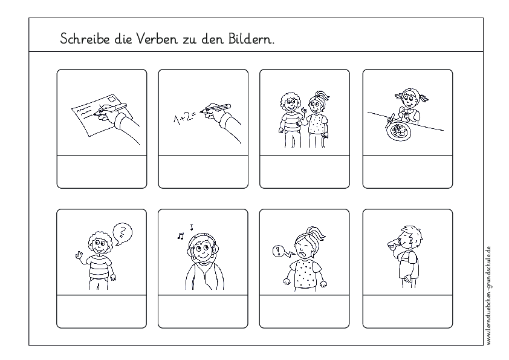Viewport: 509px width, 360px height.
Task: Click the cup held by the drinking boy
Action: (391, 243)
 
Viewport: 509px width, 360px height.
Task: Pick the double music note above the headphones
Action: (180, 235)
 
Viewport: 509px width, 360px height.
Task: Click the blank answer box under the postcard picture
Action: (102, 172)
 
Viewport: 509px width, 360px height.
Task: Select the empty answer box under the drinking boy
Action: (407, 311)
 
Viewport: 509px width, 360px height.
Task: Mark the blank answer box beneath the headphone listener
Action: (203, 311)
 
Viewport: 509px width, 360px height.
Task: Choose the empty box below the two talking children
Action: (305, 172)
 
